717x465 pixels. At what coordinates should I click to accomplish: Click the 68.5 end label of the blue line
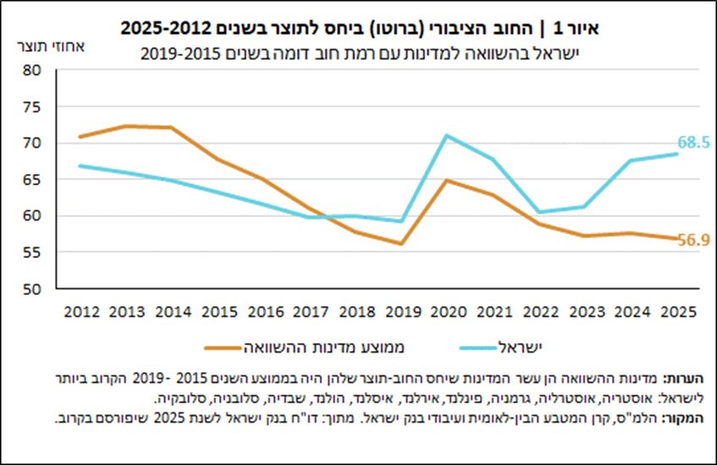click(692, 142)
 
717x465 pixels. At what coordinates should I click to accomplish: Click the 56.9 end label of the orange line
click(692, 240)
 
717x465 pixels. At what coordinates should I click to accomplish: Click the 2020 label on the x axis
click(445, 310)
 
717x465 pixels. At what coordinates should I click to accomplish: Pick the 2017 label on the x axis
click(309, 310)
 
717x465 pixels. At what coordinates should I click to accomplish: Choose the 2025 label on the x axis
click(677, 310)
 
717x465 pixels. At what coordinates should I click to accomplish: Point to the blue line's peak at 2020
click(445, 135)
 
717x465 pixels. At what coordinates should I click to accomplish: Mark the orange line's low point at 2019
click(400, 243)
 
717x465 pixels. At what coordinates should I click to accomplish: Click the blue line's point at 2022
click(539, 212)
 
